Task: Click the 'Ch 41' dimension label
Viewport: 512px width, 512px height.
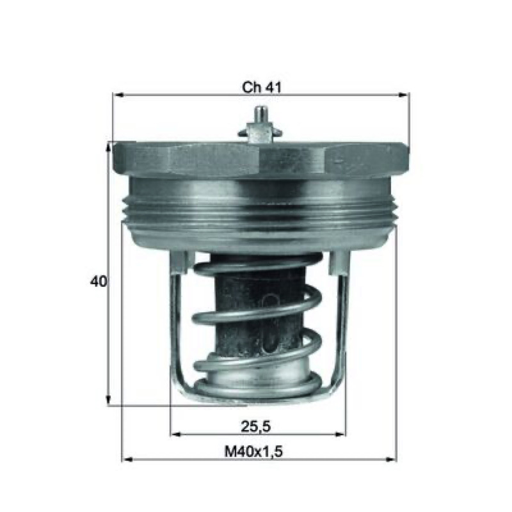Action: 261,87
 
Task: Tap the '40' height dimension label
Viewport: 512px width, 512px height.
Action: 99,281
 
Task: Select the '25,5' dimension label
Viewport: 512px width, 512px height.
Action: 256,426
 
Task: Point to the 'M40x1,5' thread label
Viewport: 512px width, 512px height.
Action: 253,452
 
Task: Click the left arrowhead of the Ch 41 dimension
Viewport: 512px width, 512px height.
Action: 118,95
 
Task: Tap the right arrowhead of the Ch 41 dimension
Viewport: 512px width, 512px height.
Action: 404,95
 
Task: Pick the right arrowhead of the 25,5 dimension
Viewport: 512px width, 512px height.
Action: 340,434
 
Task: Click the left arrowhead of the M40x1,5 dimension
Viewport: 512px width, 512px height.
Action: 127,460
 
